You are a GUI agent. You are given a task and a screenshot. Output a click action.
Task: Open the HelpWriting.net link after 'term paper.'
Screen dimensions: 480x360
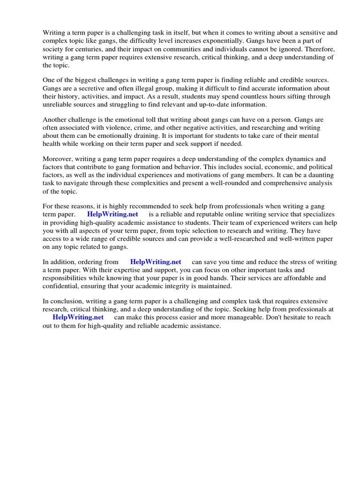(112, 215)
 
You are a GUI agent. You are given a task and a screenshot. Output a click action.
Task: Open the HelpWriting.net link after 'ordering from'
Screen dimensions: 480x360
(156, 262)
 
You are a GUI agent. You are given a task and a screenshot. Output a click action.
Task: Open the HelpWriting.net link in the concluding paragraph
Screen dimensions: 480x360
(78, 317)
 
